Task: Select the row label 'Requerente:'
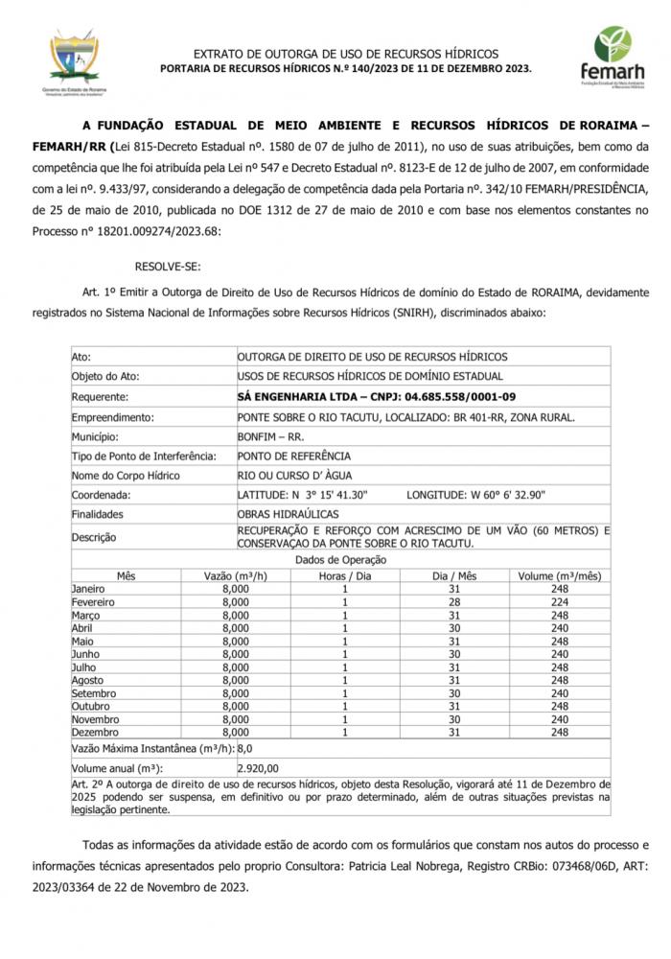[101, 396]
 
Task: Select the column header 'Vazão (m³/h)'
[235, 576]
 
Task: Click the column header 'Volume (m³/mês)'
[560, 576]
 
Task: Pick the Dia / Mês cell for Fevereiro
[454, 601]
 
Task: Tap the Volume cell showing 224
[560, 601]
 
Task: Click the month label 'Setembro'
[94, 692]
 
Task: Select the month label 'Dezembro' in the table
[95, 732]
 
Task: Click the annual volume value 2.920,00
[258, 767]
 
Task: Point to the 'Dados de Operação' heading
[341, 559]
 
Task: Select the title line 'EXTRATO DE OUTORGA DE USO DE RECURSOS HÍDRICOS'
[346, 54]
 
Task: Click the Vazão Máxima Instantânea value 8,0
[244, 747]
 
